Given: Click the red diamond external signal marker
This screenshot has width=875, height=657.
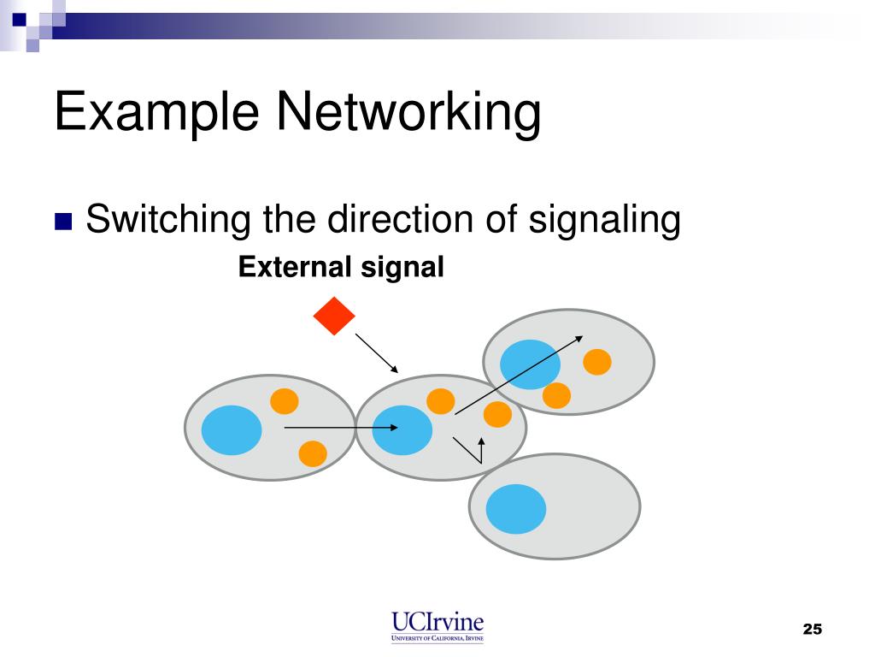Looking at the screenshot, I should pyautogui.click(x=334, y=317).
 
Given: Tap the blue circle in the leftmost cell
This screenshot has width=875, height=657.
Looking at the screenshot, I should pyautogui.click(x=232, y=429).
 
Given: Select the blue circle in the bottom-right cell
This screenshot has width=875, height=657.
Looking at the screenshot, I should pyautogui.click(x=516, y=508).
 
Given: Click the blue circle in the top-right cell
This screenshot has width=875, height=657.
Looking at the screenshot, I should pyautogui.click(x=530, y=364).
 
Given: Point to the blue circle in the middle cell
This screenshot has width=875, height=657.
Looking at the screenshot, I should pyautogui.click(x=402, y=429).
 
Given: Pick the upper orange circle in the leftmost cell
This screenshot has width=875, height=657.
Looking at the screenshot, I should pyautogui.click(x=285, y=401).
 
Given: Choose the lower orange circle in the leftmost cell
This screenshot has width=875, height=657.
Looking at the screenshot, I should pyautogui.click(x=313, y=453).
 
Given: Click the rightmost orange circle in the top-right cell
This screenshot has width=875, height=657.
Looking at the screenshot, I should pyautogui.click(x=597, y=362).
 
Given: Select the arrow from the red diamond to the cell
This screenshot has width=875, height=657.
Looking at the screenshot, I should pyautogui.click(x=377, y=353).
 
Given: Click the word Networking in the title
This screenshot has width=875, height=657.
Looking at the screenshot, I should pyautogui.click(x=411, y=113).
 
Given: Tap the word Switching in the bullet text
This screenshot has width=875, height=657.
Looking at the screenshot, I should pyautogui.click(x=168, y=220).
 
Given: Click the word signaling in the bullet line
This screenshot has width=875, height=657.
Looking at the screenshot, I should pyautogui.click(x=605, y=220).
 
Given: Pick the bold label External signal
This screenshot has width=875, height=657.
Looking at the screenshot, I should pyautogui.click(x=341, y=268).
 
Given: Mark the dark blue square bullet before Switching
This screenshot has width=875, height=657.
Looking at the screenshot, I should pyautogui.click(x=63, y=222).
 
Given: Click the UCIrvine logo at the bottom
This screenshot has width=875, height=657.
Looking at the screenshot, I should pyautogui.click(x=437, y=625).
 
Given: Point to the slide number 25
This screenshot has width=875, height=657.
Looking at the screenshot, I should pyautogui.click(x=812, y=630).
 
